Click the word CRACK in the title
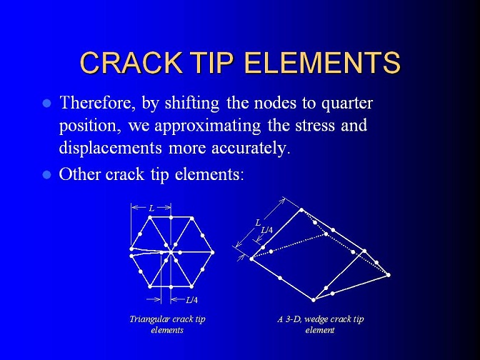131,62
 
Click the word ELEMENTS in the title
323,62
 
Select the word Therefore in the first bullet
98,103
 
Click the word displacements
110,149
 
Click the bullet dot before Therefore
47,104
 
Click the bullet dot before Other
47,175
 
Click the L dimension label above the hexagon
151,208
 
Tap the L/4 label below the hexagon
191,300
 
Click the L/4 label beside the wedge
267,230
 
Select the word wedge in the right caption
316,319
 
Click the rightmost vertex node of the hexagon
212,253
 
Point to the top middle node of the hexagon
171,217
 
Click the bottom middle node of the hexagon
171,287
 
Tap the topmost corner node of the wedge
301,210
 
